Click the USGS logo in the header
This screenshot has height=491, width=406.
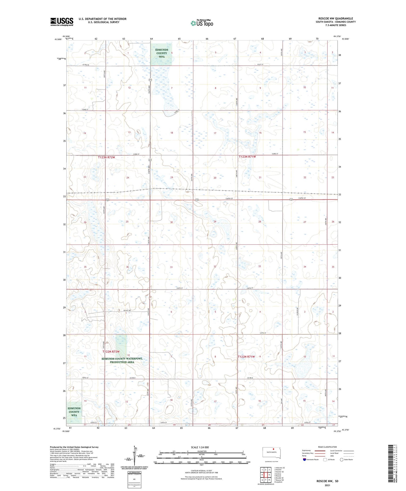pyautogui.click(x=62, y=22)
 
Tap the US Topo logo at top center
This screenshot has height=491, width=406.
pyautogui.click(x=202, y=23)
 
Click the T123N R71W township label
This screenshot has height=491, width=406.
pyautogui.click(x=247, y=157)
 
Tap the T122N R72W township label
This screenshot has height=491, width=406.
pyautogui.click(x=111, y=352)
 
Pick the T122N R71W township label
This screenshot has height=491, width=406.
pyautogui.click(x=246, y=357)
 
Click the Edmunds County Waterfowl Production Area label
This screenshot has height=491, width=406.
pyautogui.click(x=122, y=360)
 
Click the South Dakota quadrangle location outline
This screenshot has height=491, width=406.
pyautogui.click(x=272, y=453)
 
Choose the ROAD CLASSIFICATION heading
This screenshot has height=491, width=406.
pyautogui.click(x=328, y=447)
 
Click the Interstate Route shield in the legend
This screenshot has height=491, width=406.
pyautogui.click(x=304, y=460)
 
